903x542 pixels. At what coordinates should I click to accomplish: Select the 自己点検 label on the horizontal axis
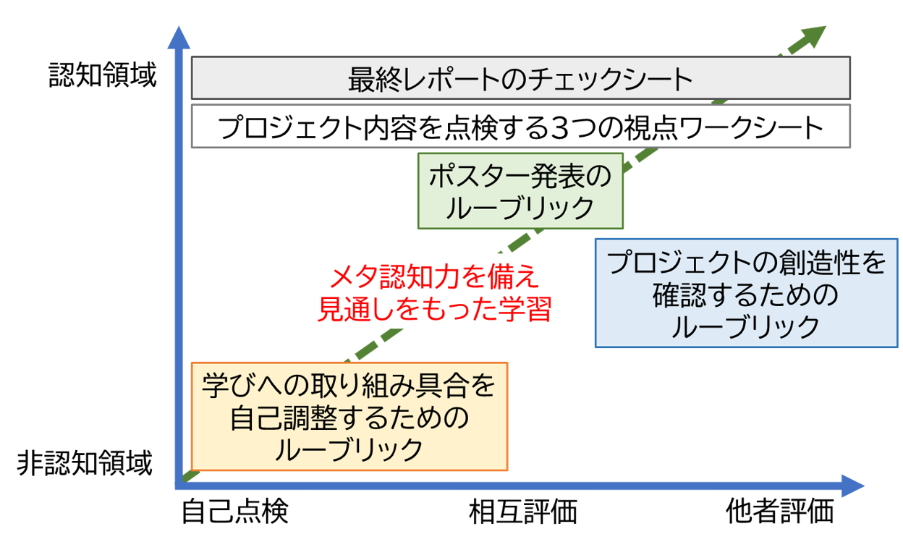tap(234, 512)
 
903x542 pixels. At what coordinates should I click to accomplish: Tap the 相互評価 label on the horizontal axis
tap(523, 512)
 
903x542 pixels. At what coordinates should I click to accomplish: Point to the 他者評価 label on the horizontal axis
tap(779, 512)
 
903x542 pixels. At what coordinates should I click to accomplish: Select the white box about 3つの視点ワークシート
tap(520, 128)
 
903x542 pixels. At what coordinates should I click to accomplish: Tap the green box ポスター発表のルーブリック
tap(520, 191)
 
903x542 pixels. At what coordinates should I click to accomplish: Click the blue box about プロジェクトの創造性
tap(746, 293)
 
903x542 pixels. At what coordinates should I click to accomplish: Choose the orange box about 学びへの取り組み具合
tap(349, 417)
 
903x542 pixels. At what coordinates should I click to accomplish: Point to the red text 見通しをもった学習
tap(435, 309)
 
